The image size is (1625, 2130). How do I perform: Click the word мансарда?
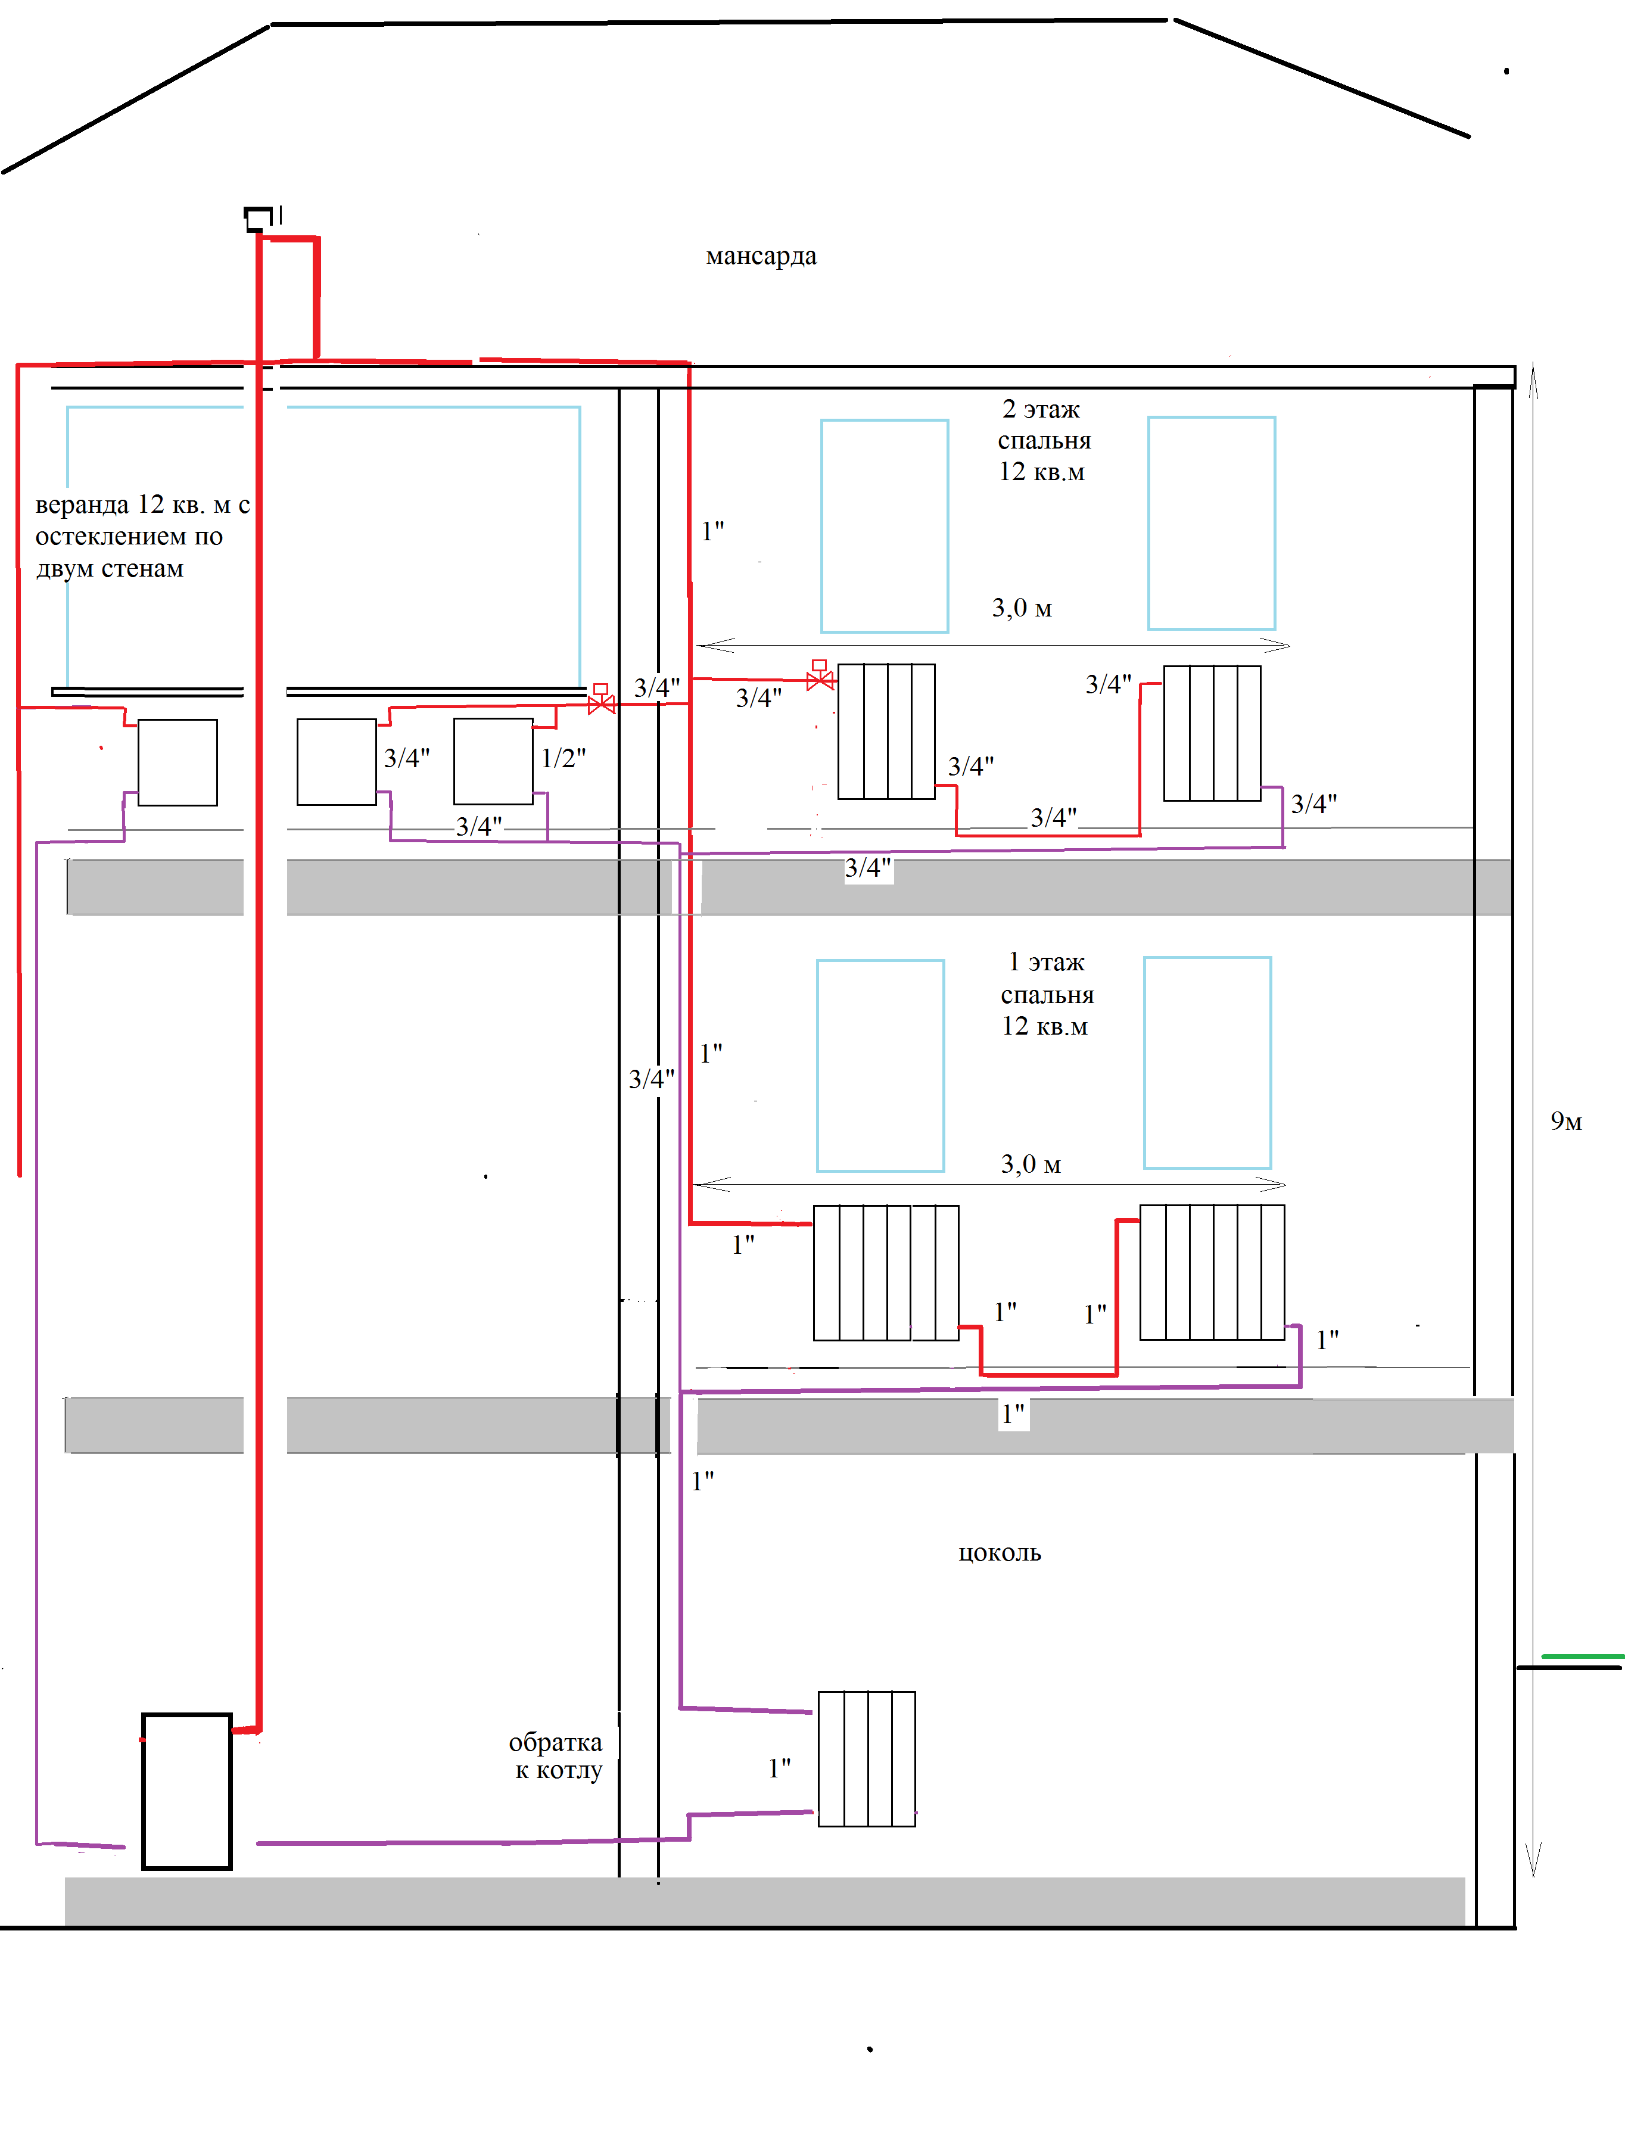(761, 256)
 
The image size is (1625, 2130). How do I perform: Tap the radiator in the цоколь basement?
(867, 1758)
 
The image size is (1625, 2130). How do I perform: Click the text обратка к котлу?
(556, 1756)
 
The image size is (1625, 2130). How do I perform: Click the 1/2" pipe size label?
(563, 758)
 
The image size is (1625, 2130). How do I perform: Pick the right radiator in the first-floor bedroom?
(1212, 1272)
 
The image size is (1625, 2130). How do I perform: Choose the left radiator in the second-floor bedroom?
(886, 731)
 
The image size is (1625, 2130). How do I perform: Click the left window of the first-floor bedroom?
(880, 1065)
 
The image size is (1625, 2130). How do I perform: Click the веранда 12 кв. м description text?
(142, 537)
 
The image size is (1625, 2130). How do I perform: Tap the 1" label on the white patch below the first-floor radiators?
(1013, 1414)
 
